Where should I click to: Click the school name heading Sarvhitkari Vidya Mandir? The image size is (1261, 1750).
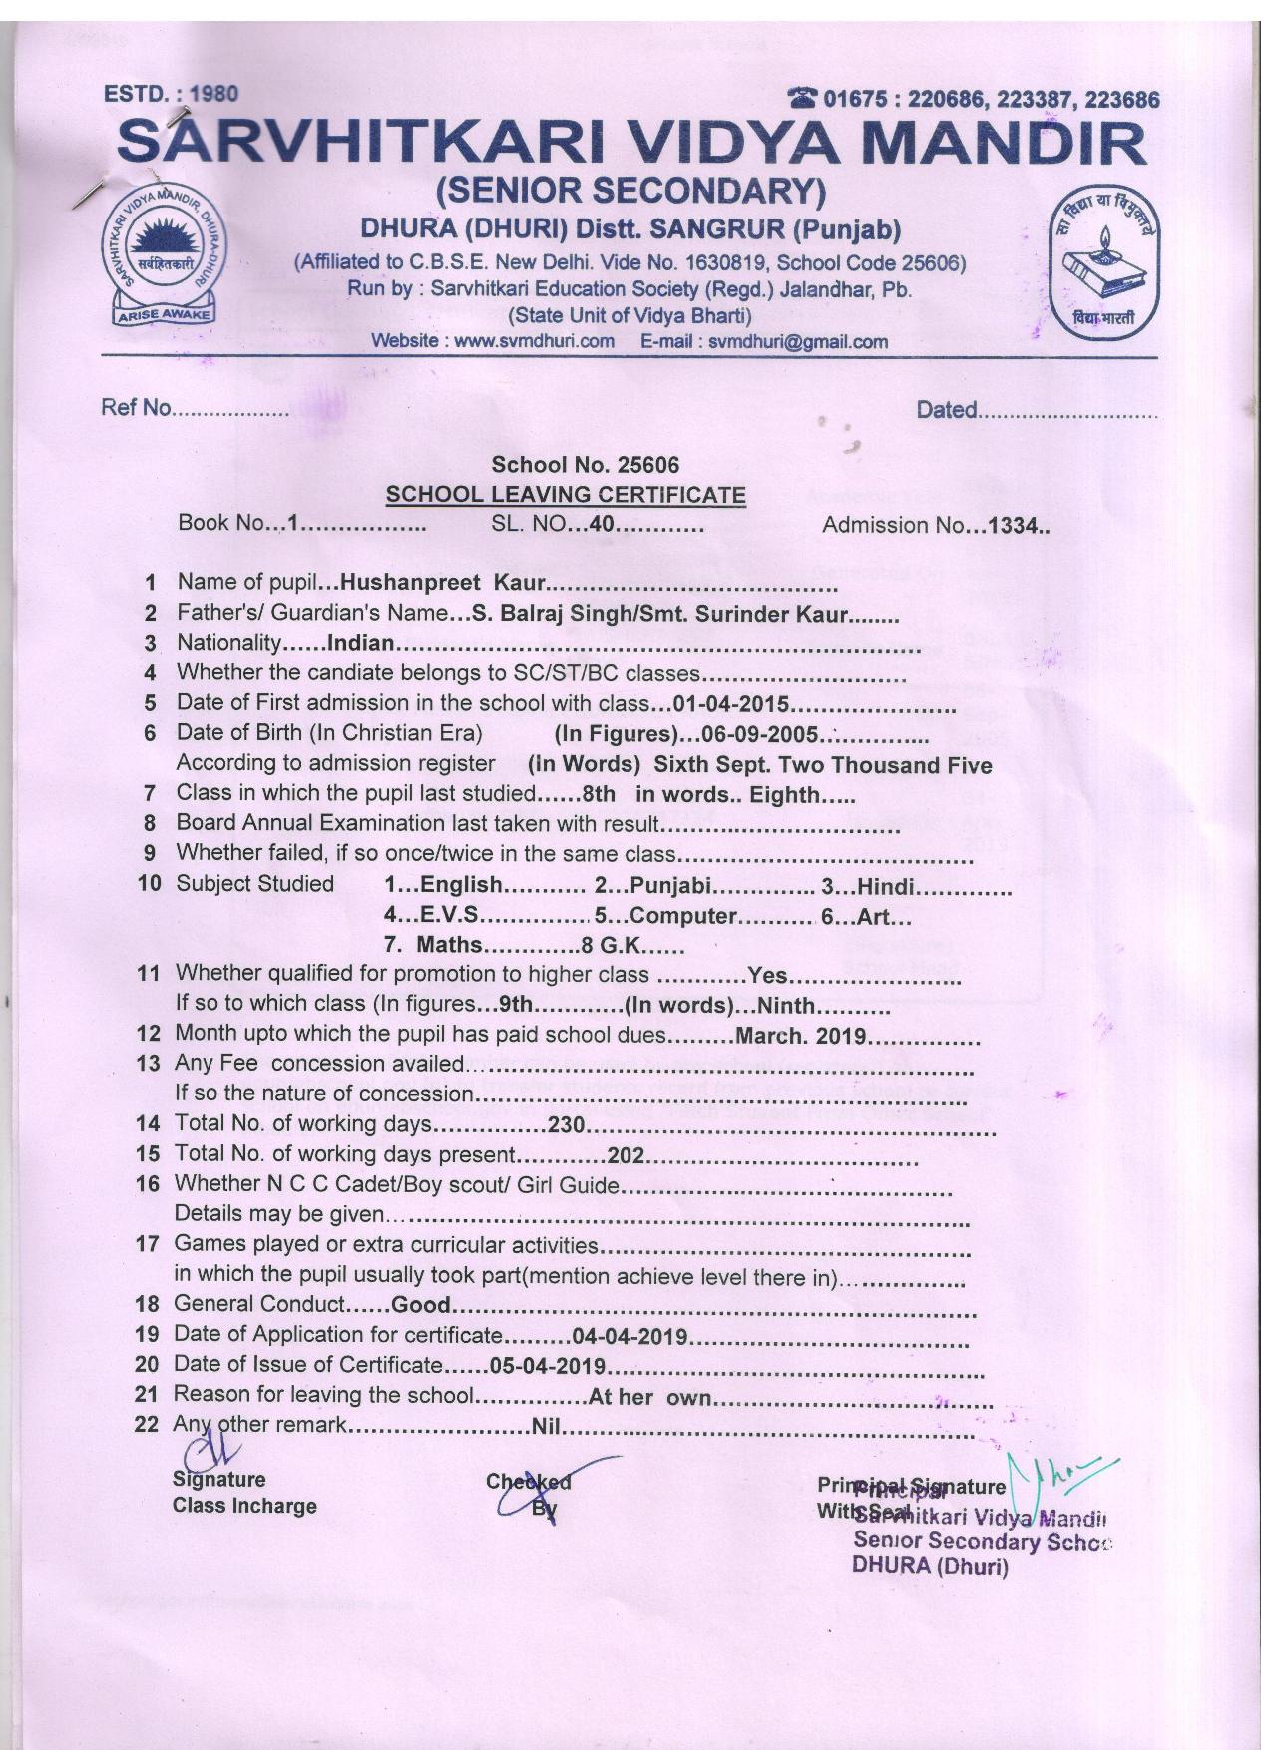pyautogui.click(x=630, y=143)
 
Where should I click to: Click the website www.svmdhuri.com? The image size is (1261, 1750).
pyautogui.click(x=534, y=342)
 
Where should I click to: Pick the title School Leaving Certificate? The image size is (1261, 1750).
pyautogui.click(x=566, y=494)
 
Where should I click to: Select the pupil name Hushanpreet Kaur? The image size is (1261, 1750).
pyautogui.click(x=444, y=582)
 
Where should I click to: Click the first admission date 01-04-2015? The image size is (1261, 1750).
pyautogui.click(x=731, y=704)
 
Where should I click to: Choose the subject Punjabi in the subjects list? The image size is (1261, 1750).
pyautogui.click(x=669, y=885)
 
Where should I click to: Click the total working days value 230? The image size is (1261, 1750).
pyautogui.click(x=565, y=1125)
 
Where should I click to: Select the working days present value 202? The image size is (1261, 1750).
pyautogui.click(x=625, y=1156)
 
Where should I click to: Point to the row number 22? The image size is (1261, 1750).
pyautogui.click(x=147, y=1424)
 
